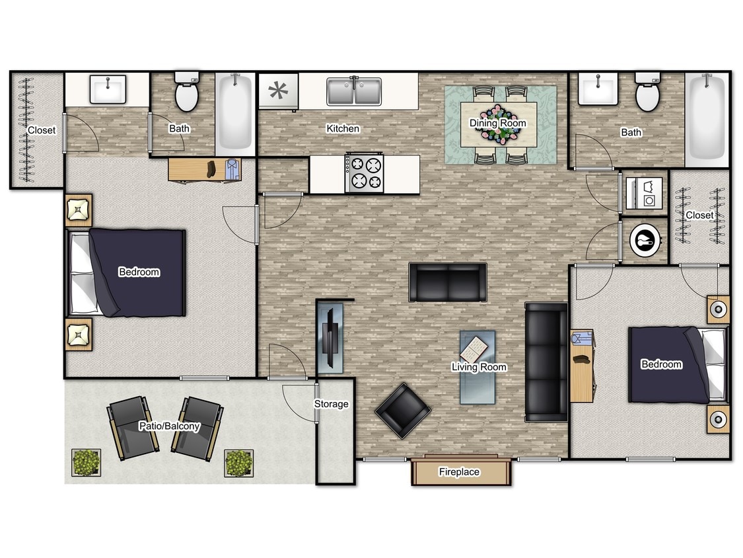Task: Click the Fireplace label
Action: click(459, 472)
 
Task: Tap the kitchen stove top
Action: click(365, 173)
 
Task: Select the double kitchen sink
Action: click(354, 91)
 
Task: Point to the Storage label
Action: click(331, 404)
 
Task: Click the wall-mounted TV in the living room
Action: click(330, 337)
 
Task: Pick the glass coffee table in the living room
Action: click(478, 366)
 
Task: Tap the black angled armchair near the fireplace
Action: click(402, 410)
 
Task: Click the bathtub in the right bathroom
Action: click(706, 118)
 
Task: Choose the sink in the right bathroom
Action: click(598, 89)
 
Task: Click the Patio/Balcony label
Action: click(169, 426)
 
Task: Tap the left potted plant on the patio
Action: click(86, 463)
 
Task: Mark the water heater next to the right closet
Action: click(644, 241)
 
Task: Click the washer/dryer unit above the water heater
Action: click(644, 191)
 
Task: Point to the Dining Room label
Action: click(498, 123)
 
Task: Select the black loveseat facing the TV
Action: click(447, 282)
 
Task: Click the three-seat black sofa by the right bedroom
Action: click(546, 362)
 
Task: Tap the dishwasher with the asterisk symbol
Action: click(277, 91)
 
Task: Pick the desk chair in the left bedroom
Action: click(212, 169)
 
